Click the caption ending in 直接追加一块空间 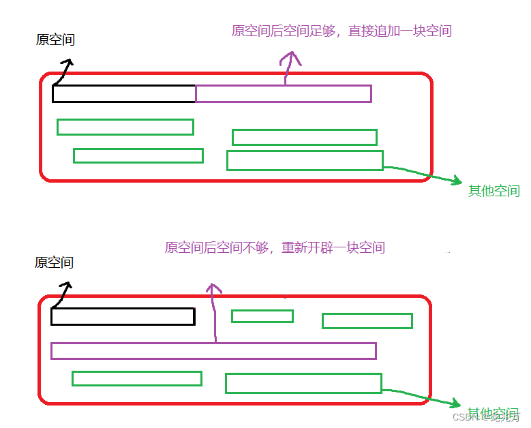(342, 31)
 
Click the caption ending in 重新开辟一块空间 (275, 247)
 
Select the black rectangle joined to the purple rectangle (124, 94)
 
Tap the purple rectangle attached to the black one (283, 94)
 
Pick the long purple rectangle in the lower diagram (213, 351)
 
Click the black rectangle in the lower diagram (123, 316)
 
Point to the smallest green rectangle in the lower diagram (262, 316)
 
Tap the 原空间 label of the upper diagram (55, 40)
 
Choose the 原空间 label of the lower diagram (54, 262)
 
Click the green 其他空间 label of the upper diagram (494, 191)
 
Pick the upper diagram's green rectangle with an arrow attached (305, 161)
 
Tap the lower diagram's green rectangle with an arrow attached (303, 383)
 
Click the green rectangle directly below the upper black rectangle (125, 127)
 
